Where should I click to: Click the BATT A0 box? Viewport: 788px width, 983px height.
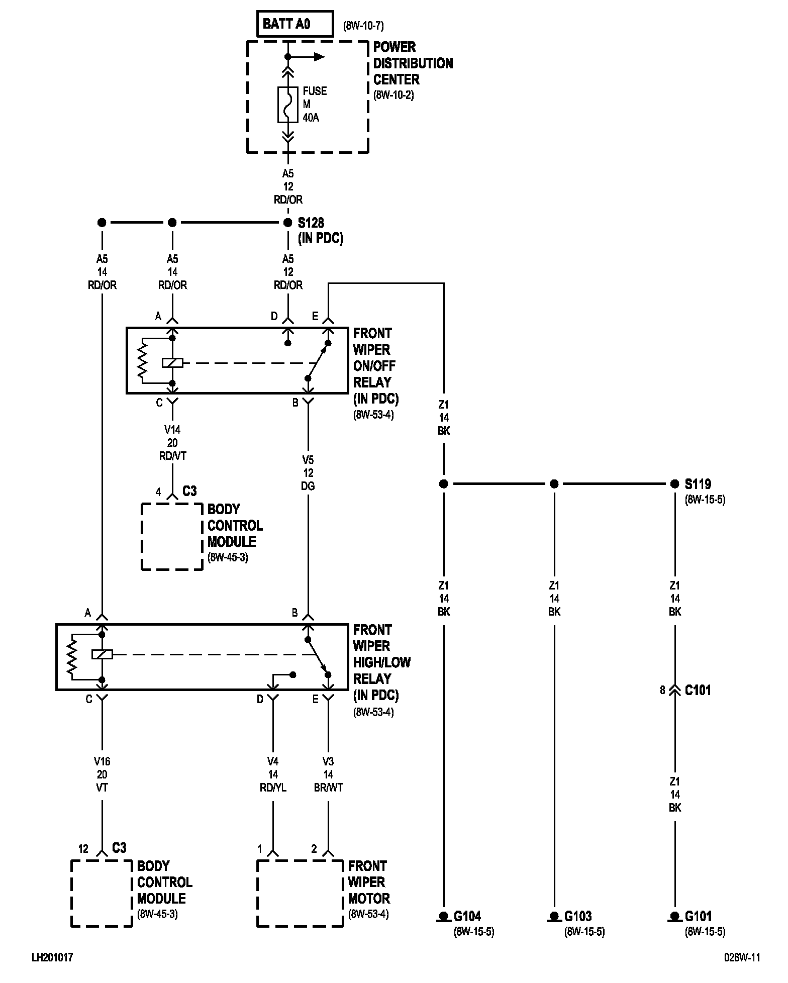coord(294,24)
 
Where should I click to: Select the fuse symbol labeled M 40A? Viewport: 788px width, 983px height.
coord(287,105)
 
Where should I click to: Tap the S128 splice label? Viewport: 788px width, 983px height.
coord(311,223)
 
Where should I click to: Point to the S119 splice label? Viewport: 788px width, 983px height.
coord(698,484)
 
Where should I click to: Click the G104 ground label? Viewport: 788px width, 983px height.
coord(467,916)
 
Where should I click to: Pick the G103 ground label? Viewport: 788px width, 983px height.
coord(578,916)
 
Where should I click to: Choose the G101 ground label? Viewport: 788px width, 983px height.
coord(699,916)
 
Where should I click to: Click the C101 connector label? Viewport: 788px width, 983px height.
coord(698,690)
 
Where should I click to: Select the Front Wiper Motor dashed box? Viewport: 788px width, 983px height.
coord(301,893)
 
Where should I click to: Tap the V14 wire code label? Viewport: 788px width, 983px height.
coord(172,430)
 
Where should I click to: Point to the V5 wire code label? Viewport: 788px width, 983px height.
coord(308,460)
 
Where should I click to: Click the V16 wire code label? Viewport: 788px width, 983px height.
coord(102,762)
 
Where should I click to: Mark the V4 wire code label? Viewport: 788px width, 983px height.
coord(273,762)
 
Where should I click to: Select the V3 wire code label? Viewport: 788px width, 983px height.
coord(328,762)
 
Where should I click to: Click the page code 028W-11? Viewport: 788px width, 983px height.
coord(742,958)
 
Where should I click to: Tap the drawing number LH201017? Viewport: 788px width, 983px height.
coord(52,958)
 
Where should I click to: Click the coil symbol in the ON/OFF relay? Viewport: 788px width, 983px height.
coord(172,362)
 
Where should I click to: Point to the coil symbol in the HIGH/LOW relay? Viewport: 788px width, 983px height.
coord(102,654)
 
